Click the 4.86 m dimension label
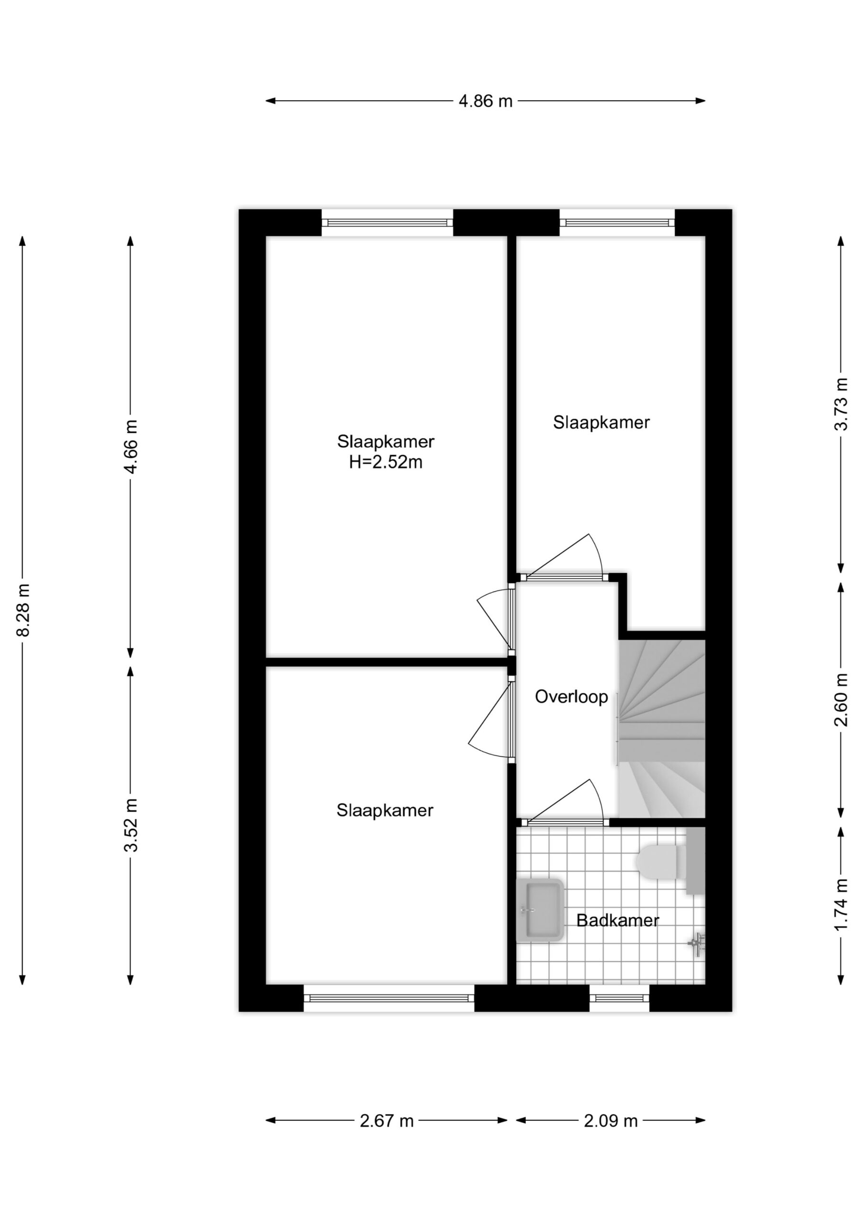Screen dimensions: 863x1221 [x=485, y=101]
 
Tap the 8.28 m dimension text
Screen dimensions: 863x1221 [x=23, y=610]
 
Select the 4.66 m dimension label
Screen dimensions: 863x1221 [x=131, y=447]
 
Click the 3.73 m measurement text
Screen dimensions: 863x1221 [x=841, y=404]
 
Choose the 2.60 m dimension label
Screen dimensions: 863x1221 [x=841, y=700]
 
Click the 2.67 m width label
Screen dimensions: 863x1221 [x=387, y=1121]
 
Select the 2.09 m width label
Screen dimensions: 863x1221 [x=610, y=1121]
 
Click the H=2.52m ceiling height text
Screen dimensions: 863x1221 [x=386, y=462]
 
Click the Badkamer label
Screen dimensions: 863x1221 [x=617, y=920]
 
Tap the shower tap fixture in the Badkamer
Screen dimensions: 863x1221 [x=697, y=944]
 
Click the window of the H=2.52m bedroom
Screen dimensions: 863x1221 [x=387, y=222]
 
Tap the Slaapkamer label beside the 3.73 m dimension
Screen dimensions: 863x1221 [x=601, y=422]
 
